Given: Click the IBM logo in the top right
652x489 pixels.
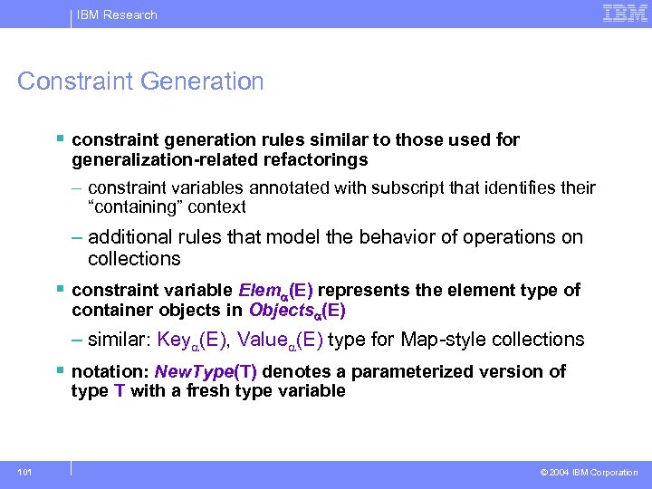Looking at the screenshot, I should click(x=625, y=14).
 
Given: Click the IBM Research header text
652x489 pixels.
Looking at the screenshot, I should click(x=117, y=14).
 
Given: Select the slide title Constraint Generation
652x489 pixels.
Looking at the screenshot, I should click(x=141, y=81).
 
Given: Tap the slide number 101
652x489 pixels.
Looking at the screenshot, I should click(x=24, y=472).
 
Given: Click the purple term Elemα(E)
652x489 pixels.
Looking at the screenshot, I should click(x=275, y=291).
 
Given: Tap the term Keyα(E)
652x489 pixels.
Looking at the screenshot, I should click(x=191, y=340).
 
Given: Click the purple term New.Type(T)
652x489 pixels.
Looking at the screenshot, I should click(x=206, y=372).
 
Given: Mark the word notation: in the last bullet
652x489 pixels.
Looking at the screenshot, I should click(x=110, y=372).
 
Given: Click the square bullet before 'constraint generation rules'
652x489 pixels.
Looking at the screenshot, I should click(x=60, y=139).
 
